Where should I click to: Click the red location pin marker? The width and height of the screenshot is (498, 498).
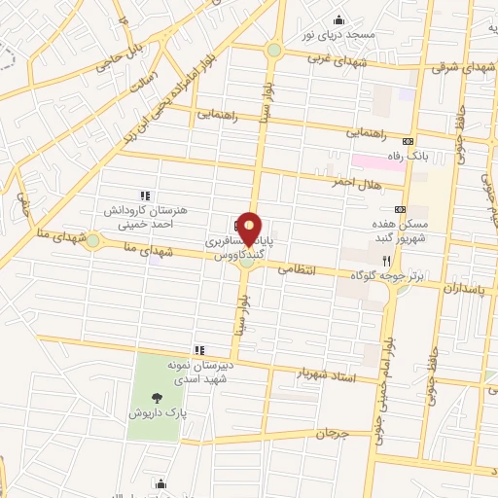(250, 230)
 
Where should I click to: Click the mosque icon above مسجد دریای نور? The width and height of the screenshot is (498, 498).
(338, 19)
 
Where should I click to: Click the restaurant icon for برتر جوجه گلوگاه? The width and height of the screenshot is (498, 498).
(387, 261)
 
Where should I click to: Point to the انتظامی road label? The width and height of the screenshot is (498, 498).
(298, 272)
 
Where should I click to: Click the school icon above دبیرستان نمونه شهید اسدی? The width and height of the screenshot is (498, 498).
(199, 349)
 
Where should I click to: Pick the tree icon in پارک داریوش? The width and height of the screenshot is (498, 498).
(157, 396)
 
